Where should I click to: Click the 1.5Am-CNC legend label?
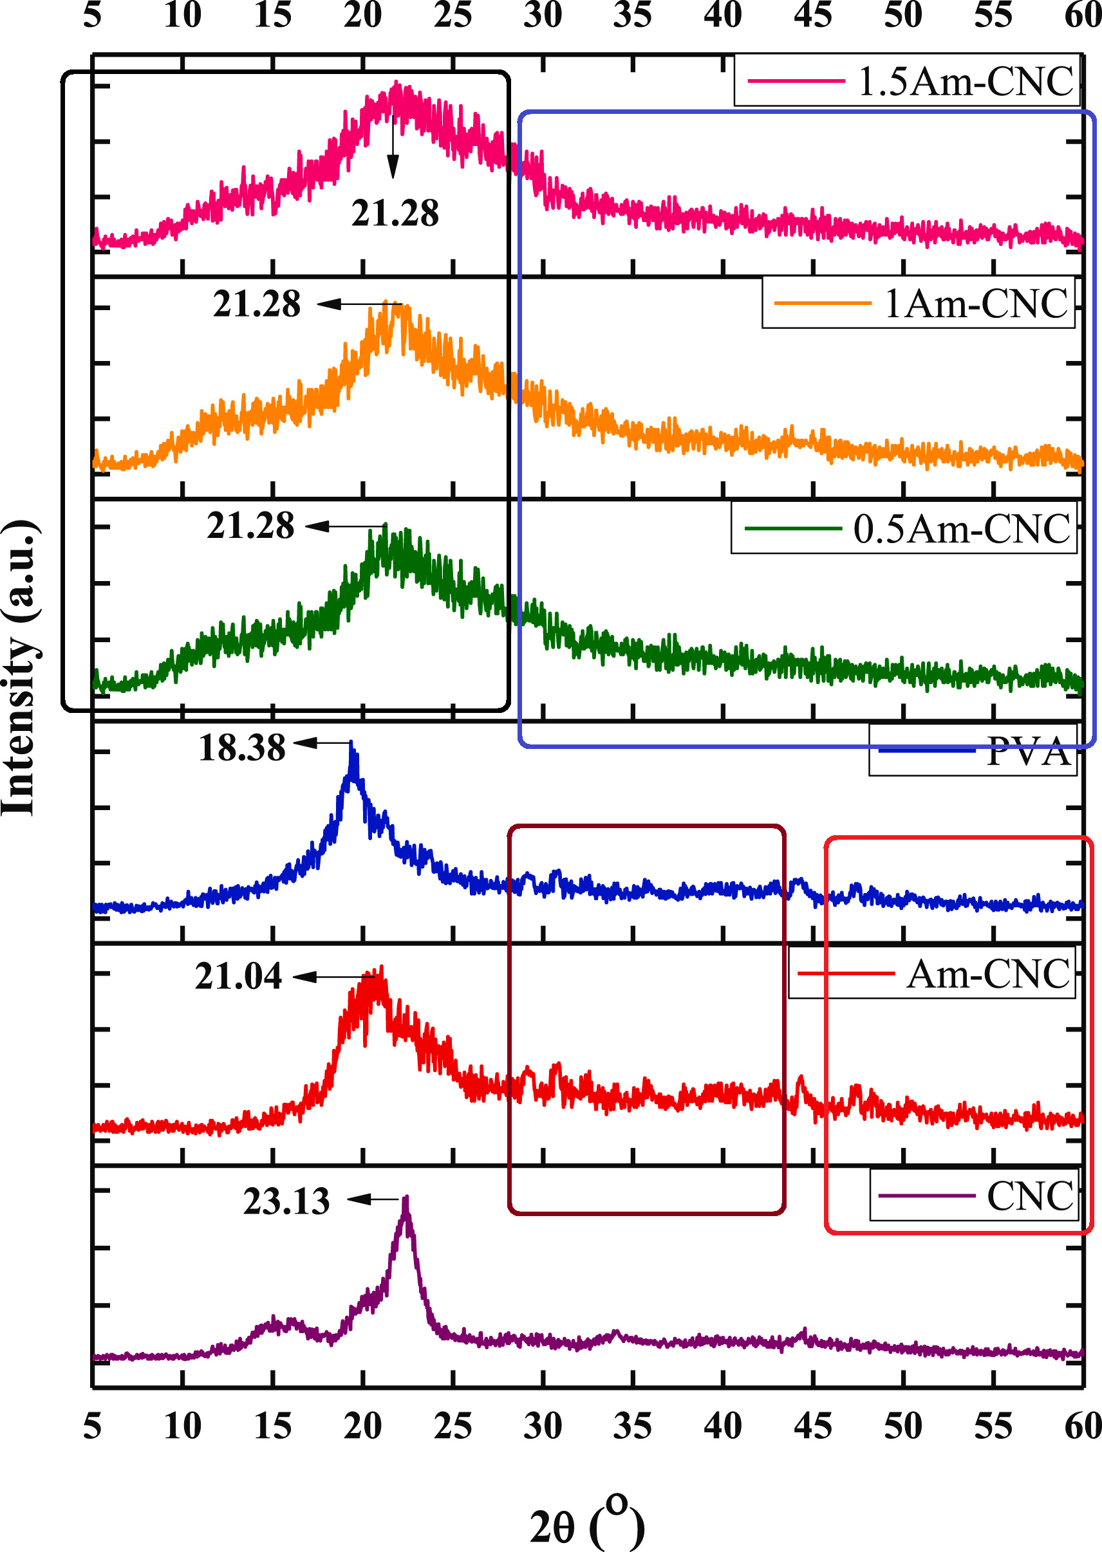point(965,82)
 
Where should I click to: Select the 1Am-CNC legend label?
point(976,303)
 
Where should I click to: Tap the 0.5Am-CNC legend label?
point(962,528)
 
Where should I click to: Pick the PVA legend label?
point(1027,752)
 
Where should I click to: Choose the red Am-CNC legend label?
point(988,974)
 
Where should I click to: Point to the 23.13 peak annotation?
point(286,1201)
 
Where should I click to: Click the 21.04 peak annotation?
point(238,976)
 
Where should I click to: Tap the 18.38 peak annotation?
point(242,748)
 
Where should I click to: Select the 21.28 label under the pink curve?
point(395,213)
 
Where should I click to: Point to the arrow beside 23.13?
point(375,1199)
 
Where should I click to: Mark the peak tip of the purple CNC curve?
point(406,1199)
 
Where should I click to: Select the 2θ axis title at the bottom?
point(586,1526)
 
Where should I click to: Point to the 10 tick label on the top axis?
point(183,15)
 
